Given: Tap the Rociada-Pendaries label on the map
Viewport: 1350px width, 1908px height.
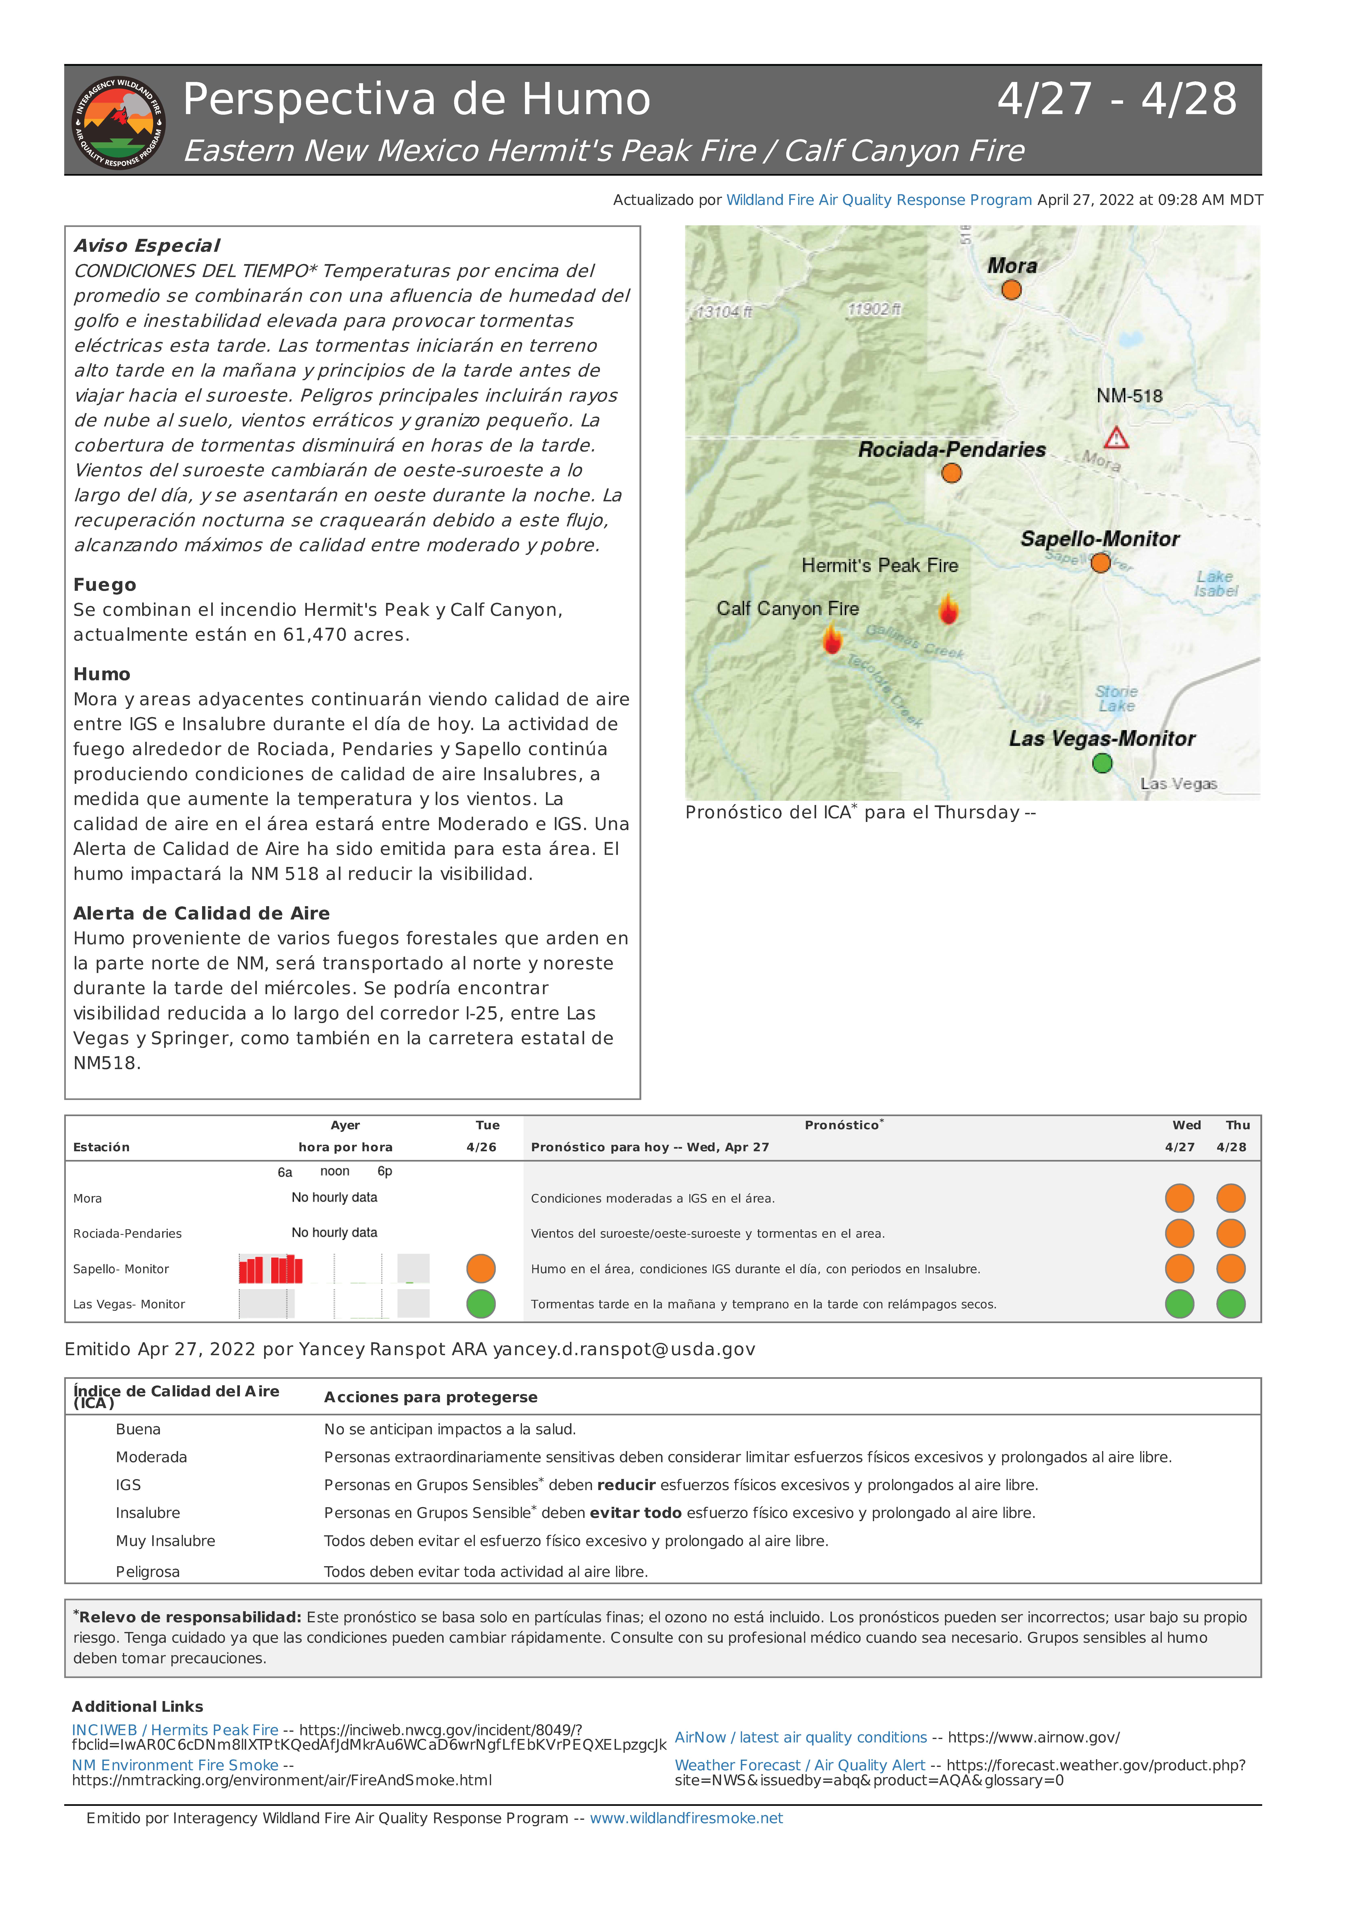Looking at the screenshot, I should [952, 450].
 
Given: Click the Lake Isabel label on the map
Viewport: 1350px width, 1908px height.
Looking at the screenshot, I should [1215, 583].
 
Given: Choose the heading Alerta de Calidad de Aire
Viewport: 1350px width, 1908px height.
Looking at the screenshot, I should [201, 913].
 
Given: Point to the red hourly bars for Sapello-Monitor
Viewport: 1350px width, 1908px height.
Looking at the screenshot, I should [271, 1269].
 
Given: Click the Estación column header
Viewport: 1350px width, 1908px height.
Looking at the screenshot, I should [101, 1147].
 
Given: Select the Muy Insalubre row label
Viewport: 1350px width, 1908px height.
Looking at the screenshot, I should [165, 1541].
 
